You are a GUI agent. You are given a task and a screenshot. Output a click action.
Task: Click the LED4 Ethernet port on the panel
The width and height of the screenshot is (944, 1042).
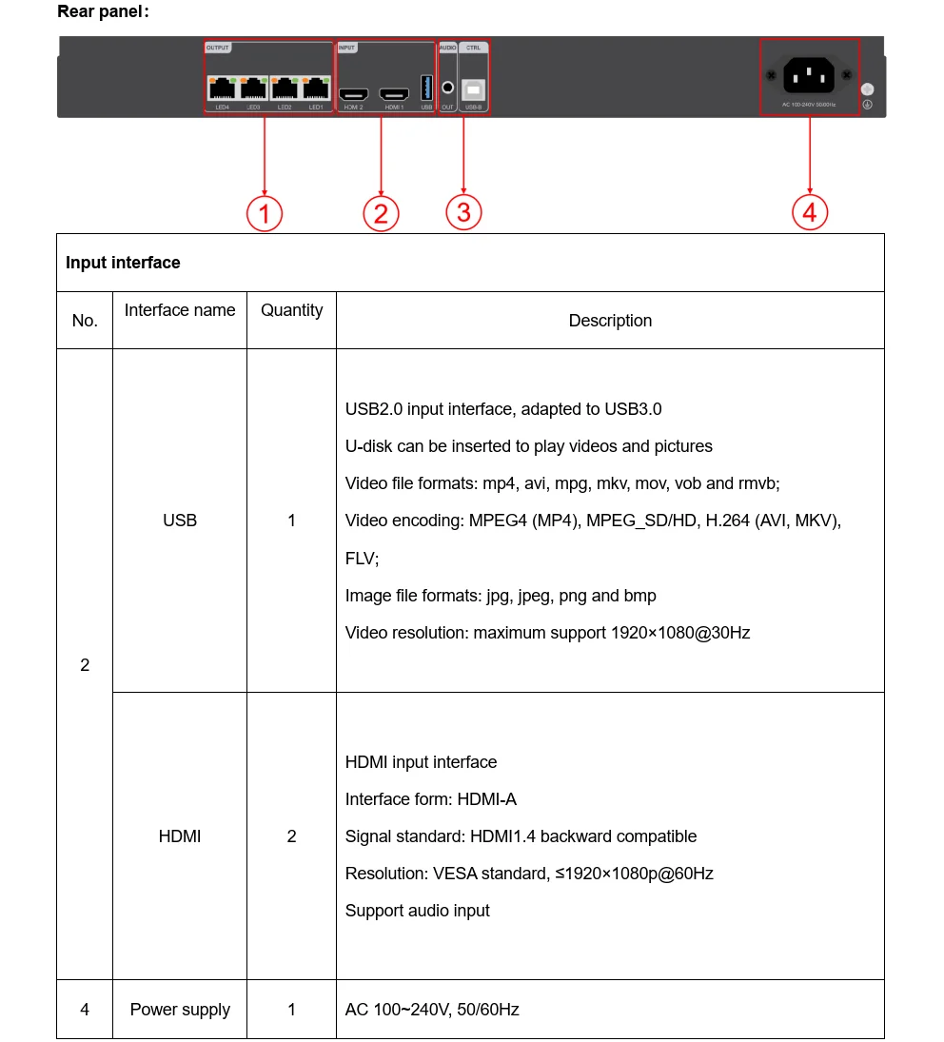point(222,88)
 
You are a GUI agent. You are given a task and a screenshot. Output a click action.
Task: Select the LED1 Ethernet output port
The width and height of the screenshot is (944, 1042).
point(316,88)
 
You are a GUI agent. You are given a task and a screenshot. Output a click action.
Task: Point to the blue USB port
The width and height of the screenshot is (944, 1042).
point(426,88)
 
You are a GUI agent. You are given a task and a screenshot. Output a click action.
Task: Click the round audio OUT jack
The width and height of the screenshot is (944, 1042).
point(447,88)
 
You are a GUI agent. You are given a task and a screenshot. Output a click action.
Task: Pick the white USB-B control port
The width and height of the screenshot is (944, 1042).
point(473,88)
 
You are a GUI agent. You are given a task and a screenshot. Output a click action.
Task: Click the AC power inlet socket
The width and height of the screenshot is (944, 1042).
point(809,75)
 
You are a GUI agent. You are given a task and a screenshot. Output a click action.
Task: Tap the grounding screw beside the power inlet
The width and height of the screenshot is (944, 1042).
point(867,89)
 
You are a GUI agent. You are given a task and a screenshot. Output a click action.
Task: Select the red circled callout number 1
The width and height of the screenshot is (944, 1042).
point(265,213)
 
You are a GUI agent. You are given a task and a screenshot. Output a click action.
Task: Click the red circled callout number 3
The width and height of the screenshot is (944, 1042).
point(463,212)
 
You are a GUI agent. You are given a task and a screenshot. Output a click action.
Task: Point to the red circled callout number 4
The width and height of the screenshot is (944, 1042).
point(810,212)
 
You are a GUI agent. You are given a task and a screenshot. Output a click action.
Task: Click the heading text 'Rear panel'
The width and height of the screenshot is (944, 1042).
point(102,11)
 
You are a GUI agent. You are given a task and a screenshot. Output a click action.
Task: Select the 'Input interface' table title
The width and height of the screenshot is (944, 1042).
point(123,263)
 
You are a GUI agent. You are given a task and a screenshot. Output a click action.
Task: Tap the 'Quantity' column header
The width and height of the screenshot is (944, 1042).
point(291,310)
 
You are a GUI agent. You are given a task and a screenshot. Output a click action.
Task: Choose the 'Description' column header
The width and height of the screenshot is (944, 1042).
point(610,321)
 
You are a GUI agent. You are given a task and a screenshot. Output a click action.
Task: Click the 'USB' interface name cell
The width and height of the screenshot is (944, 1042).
point(180,521)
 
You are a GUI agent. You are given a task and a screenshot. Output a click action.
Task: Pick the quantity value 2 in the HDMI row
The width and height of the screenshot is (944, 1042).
point(291,836)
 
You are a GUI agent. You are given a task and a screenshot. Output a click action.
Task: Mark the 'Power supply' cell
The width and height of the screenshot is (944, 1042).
point(180,1010)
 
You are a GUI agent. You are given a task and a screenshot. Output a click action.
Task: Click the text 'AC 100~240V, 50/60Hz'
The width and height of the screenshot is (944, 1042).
point(432,1010)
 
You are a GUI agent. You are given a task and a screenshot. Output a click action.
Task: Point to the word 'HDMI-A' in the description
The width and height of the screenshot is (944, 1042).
point(487,799)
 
